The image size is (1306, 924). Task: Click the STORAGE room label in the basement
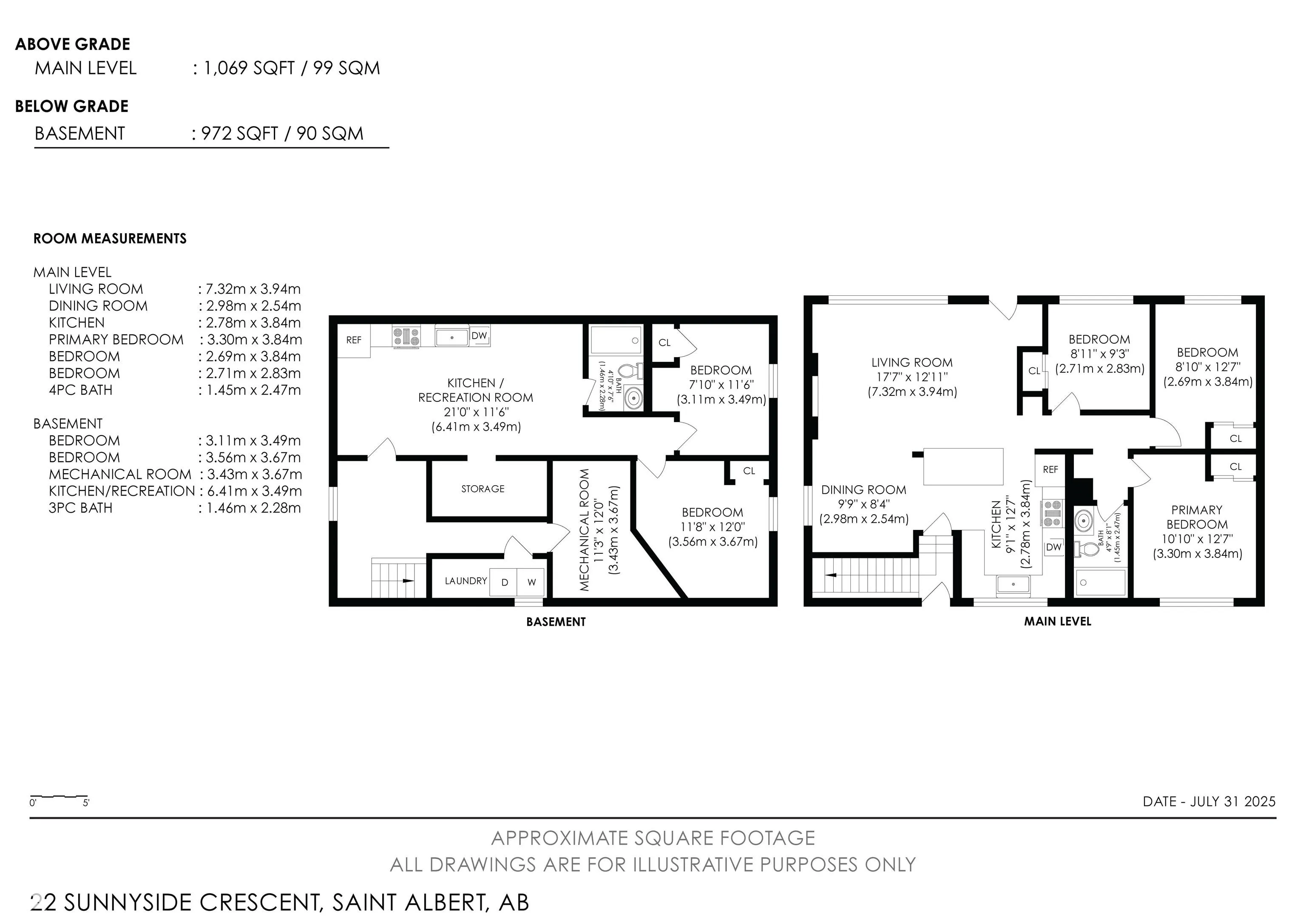(483, 489)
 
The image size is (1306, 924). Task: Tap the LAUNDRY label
(466, 581)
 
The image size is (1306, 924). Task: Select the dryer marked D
(504, 582)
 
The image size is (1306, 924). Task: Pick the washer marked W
(531, 582)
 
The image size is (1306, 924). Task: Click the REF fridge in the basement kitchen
(354, 340)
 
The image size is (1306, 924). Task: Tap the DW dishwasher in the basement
(479, 335)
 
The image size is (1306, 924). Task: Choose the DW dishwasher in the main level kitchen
(1053, 547)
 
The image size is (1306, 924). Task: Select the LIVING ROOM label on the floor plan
(912, 363)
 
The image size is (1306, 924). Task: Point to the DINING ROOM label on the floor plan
(863, 489)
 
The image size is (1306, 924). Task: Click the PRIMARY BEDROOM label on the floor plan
(1197, 517)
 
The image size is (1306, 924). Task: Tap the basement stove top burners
(406, 336)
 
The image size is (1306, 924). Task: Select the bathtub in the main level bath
(1100, 582)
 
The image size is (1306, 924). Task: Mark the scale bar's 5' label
(86, 803)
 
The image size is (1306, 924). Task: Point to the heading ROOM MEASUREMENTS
(110, 238)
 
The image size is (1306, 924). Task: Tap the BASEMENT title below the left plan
(556, 622)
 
